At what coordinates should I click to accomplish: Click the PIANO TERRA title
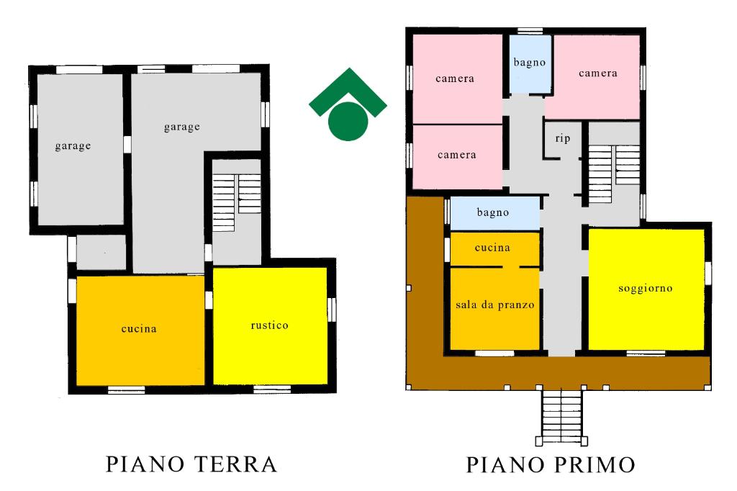pyautogui.click(x=191, y=464)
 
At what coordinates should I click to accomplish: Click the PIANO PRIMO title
pyautogui.click(x=551, y=464)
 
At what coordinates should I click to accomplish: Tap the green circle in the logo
pyautogui.click(x=348, y=122)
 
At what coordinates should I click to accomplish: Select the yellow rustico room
pyautogui.click(x=270, y=325)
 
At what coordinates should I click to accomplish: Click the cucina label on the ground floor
pyautogui.click(x=139, y=329)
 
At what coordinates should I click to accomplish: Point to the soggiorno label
pyautogui.click(x=646, y=288)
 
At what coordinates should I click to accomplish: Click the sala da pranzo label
pyautogui.click(x=495, y=305)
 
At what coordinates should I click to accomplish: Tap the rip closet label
pyautogui.click(x=563, y=138)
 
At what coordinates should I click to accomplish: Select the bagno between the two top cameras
pyautogui.click(x=530, y=64)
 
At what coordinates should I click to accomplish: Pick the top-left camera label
pyautogui.click(x=455, y=78)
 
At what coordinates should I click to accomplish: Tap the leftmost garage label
pyautogui.click(x=73, y=146)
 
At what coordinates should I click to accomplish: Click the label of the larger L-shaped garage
pyautogui.click(x=182, y=127)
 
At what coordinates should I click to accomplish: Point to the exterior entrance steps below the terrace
pyautogui.click(x=561, y=416)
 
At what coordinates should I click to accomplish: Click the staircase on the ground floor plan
pyautogui.click(x=236, y=203)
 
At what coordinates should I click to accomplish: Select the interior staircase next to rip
pyautogui.click(x=613, y=174)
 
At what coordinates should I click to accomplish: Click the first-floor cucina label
pyautogui.click(x=492, y=248)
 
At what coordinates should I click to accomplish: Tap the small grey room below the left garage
pyautogui.click(x=101, y=253)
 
